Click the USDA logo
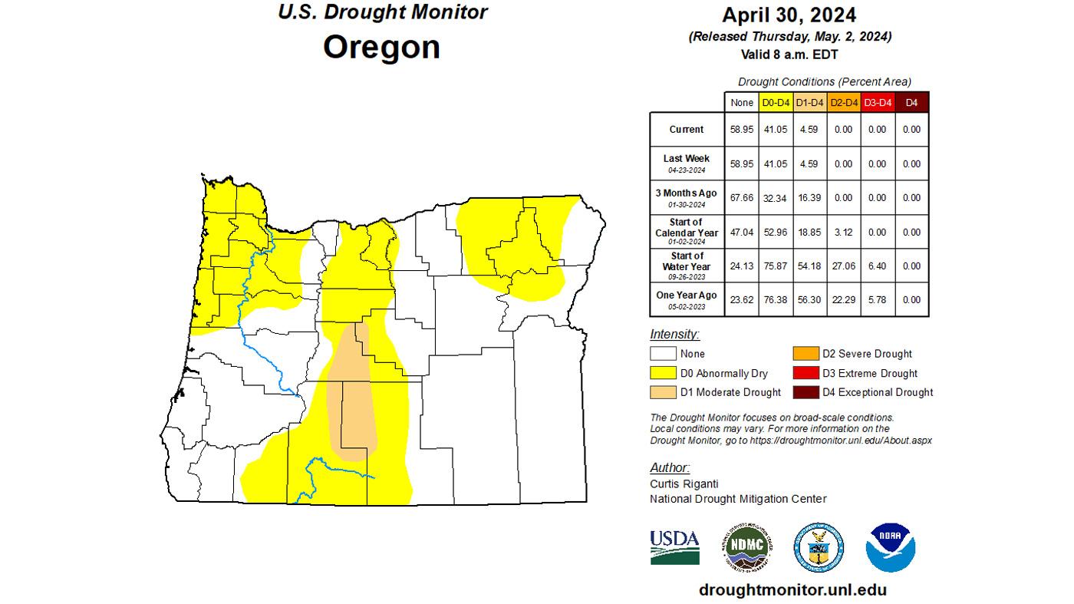[x=674, y=546]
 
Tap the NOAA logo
[x=890, y=546]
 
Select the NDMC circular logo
[x=746, y=548]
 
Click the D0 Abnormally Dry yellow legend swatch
[x=663, y=374]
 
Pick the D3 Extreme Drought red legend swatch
[x=805, y=374]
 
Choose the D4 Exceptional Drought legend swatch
[x=805, y=392]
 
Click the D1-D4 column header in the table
[x=810, y=102]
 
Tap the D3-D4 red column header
[x=878, y=102]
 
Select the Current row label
[x=687, y=130]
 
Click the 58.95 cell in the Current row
[x=742, y=130]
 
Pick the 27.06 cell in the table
[x=844, y=266]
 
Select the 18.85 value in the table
[x=810, y=232]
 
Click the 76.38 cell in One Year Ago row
[x=776, y=299]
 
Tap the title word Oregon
[x=381, y=47]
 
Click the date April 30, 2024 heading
[x=789, y=15]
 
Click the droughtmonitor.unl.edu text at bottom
[x=792, y=589]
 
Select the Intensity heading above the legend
[x=674, y=335]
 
